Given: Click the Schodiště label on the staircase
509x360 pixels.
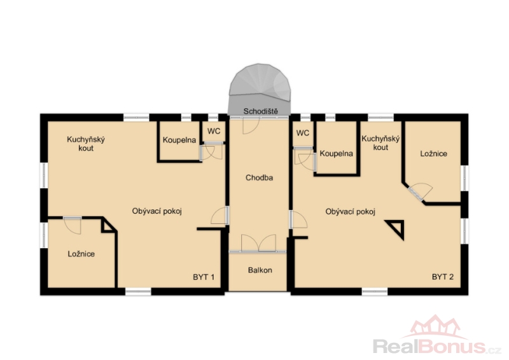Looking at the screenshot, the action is [x=261, y=111].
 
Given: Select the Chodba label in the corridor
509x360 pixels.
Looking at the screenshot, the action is [x=259, y=177].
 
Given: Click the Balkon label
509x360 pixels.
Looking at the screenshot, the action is [x=260, y=270].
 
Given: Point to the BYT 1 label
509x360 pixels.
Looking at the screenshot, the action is [x=204, y=277].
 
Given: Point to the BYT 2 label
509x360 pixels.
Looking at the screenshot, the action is [x=443, y=277].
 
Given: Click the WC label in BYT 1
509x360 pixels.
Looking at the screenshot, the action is [x=214, y=131].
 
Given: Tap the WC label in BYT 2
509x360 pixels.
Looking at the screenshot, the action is [x=303, y=133].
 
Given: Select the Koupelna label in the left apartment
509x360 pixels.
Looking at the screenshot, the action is [x=179, y=140].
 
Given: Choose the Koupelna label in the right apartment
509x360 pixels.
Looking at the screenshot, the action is [x=337, y=153].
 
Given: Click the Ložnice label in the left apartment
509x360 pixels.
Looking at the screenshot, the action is [x=81, y=254].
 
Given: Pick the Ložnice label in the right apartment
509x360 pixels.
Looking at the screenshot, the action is [x=434, y=153].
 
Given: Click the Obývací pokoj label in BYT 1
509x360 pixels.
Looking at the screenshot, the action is [x=157, y=211].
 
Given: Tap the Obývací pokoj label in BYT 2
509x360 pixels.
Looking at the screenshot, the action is [x=351, y=212].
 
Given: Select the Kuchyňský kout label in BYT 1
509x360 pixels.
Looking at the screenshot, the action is [x=86, y=144].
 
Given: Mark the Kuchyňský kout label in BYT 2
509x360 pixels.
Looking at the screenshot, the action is [x=380, y=143].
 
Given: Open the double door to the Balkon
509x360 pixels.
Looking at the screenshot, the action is [x=258, y=243].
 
